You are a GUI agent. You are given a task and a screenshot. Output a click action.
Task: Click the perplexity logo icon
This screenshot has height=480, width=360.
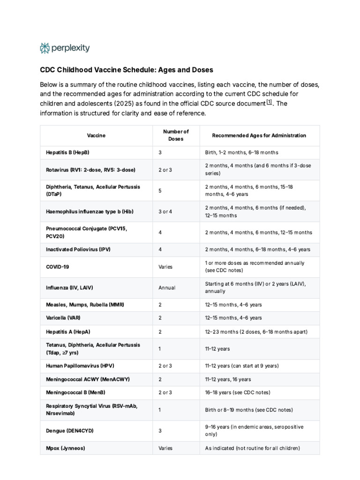point(45,48)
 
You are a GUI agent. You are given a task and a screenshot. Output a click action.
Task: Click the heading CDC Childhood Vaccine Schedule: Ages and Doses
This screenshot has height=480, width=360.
point(126,70)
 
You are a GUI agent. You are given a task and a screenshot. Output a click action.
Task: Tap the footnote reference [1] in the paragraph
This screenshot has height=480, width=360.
point(269,103)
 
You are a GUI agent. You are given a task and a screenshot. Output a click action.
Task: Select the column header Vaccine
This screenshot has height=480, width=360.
point(96,135)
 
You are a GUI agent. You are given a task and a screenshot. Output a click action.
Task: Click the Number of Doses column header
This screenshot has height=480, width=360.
point(176,135)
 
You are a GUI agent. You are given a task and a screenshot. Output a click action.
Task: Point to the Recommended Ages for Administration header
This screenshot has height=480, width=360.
point(259,135)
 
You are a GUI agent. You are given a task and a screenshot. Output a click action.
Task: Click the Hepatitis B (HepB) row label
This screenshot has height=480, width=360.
point(67,153)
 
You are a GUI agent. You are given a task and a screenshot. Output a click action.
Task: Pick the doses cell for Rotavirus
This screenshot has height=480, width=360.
point(165,170)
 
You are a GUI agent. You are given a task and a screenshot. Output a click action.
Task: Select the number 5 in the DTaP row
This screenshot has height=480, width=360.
point(160,190)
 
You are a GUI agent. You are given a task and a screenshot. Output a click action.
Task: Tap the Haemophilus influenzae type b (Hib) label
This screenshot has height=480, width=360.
point(90,211)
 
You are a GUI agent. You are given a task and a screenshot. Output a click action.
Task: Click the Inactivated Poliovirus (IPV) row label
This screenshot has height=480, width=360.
point(78,249)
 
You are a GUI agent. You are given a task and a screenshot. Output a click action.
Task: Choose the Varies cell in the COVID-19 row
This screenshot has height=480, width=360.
point(165,267)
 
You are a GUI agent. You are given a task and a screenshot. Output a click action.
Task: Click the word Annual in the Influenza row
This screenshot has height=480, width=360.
point(167,287)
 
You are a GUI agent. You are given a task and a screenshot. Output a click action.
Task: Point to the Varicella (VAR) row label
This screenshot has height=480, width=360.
point(63,318)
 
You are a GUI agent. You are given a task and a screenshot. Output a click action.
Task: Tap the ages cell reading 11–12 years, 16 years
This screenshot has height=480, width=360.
point(228,379)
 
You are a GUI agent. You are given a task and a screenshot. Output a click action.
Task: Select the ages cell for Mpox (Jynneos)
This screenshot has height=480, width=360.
point(252,448)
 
